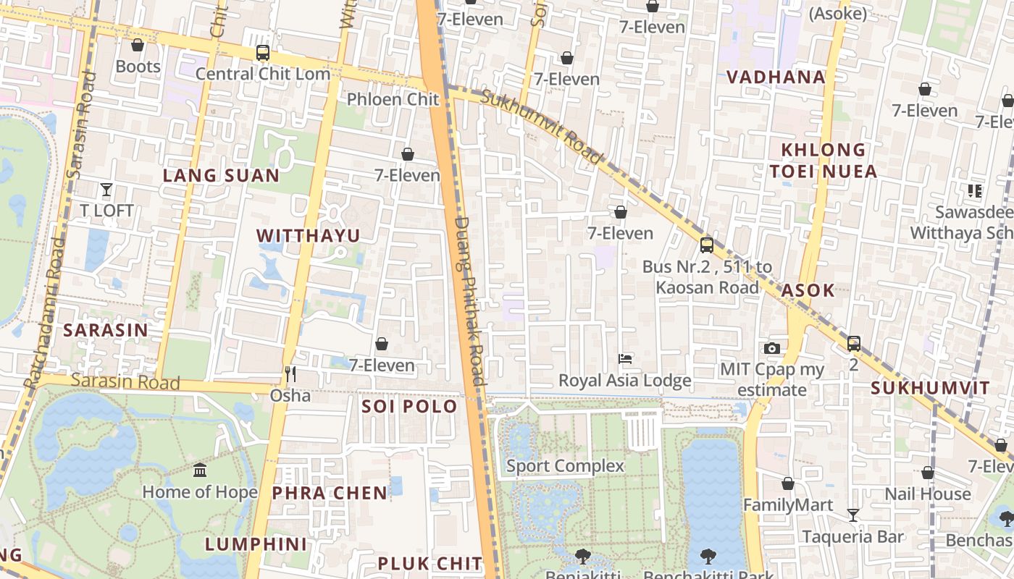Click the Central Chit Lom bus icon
tap(263, 53)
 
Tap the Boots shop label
tap(138, 67)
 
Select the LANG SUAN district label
tap(221, 176)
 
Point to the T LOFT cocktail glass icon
tap(106, 190)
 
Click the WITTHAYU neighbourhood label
tap(308, 236)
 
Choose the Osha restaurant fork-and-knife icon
tap(290, 373)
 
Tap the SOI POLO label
tap(409, 406)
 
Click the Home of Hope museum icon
tap(200, 470)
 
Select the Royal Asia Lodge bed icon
tap(625, 359)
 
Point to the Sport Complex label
tap(565, 466)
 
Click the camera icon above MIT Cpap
tap(772, 349)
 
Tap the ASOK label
tap(808, 291)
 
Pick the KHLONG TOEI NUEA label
tap(823, 161)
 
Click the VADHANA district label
tap(775, 77)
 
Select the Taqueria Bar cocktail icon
tap(853, 515)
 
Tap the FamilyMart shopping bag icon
tap(788, 483)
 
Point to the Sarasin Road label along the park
tap(125, 381)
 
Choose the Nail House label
tap(927, 494)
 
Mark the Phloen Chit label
tap(393, 99)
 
